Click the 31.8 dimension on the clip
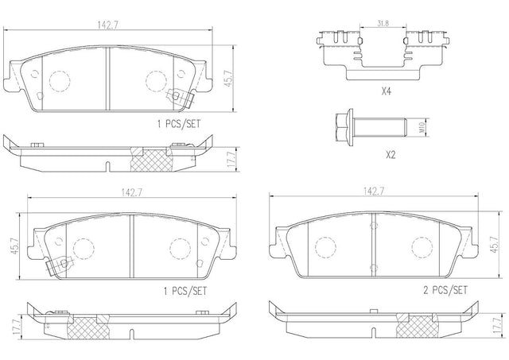click(383, 23)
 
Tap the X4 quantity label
click(386, 91)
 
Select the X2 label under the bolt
click(390, 155)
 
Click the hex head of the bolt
click(342, 127)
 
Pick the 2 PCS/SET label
click(445, 290)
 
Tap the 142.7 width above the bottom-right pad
click(374, 192)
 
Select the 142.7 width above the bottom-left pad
click(132, 192)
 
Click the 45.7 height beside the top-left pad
click(229, 79)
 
